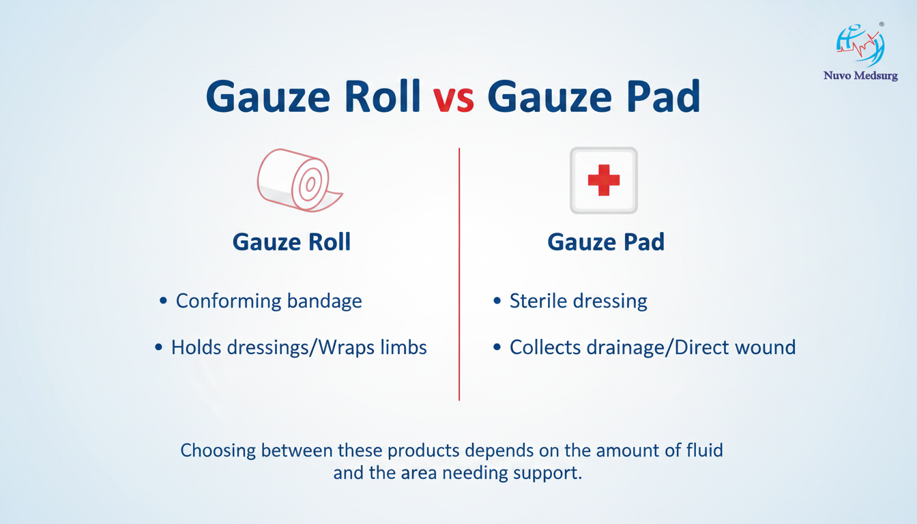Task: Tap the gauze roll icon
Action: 300,180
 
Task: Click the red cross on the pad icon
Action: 603,180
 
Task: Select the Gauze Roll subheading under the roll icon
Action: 291,242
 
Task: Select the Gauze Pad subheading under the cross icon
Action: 606,242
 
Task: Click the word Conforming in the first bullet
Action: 229,302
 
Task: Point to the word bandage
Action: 324,302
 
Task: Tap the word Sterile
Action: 538,301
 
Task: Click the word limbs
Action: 404,347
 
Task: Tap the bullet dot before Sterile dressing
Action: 497,301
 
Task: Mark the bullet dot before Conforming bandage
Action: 163,301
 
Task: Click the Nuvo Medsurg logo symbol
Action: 860,44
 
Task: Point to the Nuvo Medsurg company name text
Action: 860,76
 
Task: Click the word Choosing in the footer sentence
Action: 218,451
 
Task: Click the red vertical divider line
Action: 459,274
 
